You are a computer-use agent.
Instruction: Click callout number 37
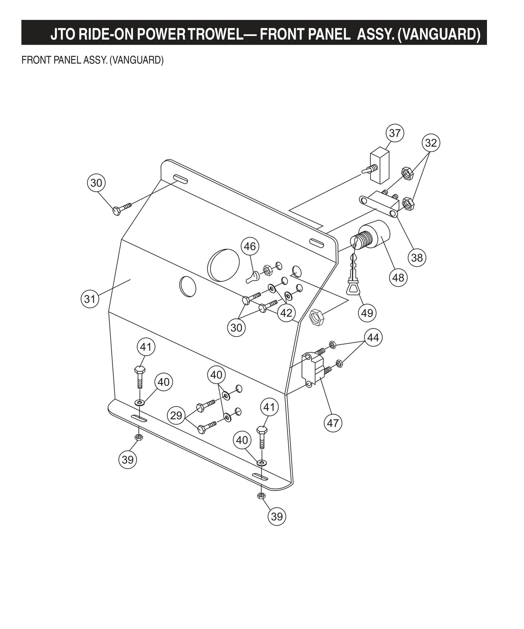pos(395,133)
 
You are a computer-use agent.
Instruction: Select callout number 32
pos(431,143)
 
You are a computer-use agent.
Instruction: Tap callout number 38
pos(417,258)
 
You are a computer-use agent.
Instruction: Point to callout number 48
pos(398,277)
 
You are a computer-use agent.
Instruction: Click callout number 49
pos(367,312)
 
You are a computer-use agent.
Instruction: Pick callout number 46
pos(250,247)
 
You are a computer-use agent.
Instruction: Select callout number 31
pos(89,299)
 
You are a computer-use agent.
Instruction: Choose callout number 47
pos(333,423)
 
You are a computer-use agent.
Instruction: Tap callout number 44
pos(373,338)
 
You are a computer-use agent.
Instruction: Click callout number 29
pos(176,415)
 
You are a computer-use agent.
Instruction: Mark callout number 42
pos(286,313)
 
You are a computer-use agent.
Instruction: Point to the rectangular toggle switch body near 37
pos(379,164)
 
